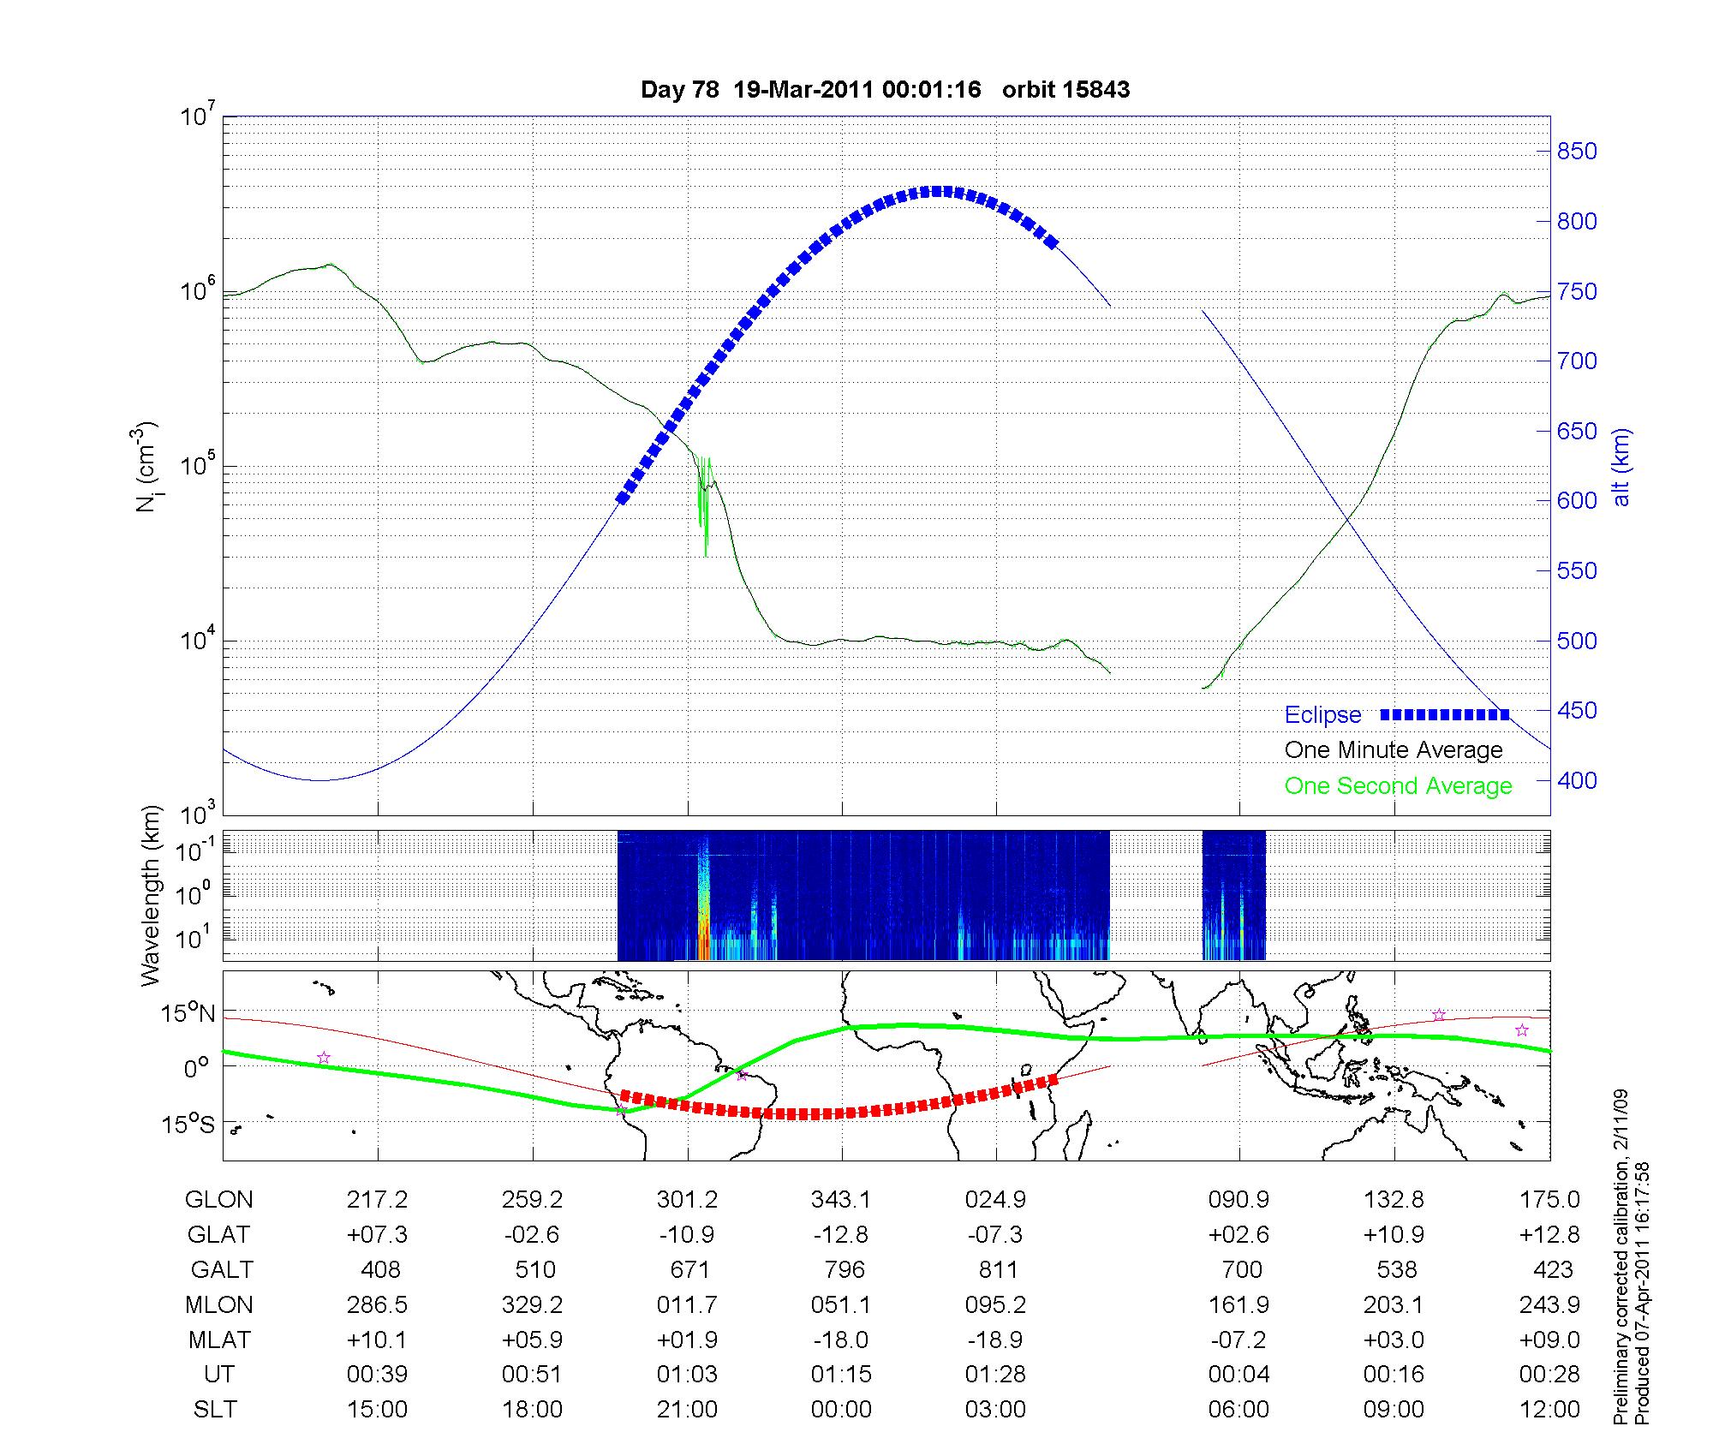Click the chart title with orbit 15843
(x=885, y=90)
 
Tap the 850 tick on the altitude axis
(x=1576, y=152)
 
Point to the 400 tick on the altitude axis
(x=1576, y=780)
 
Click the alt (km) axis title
(x=1621, y=467)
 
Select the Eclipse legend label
(x=1322, y=715)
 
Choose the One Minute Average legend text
(x=1394, y=750)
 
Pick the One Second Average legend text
(x=1398, y=786)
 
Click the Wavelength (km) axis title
(x=151, y=895)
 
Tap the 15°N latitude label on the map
(x=188, y=1014)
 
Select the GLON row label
(x=218, y=1200)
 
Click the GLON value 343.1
(x=840, y=1200)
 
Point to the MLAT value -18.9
(x=996, y=1340)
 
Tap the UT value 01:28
(x=996, y=1375)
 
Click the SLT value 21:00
(x=687, y=1410)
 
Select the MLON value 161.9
(x=1238, y=1304)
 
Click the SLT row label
(x=215, y=1410)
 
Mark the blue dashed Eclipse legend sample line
(x=1444, y=714)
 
